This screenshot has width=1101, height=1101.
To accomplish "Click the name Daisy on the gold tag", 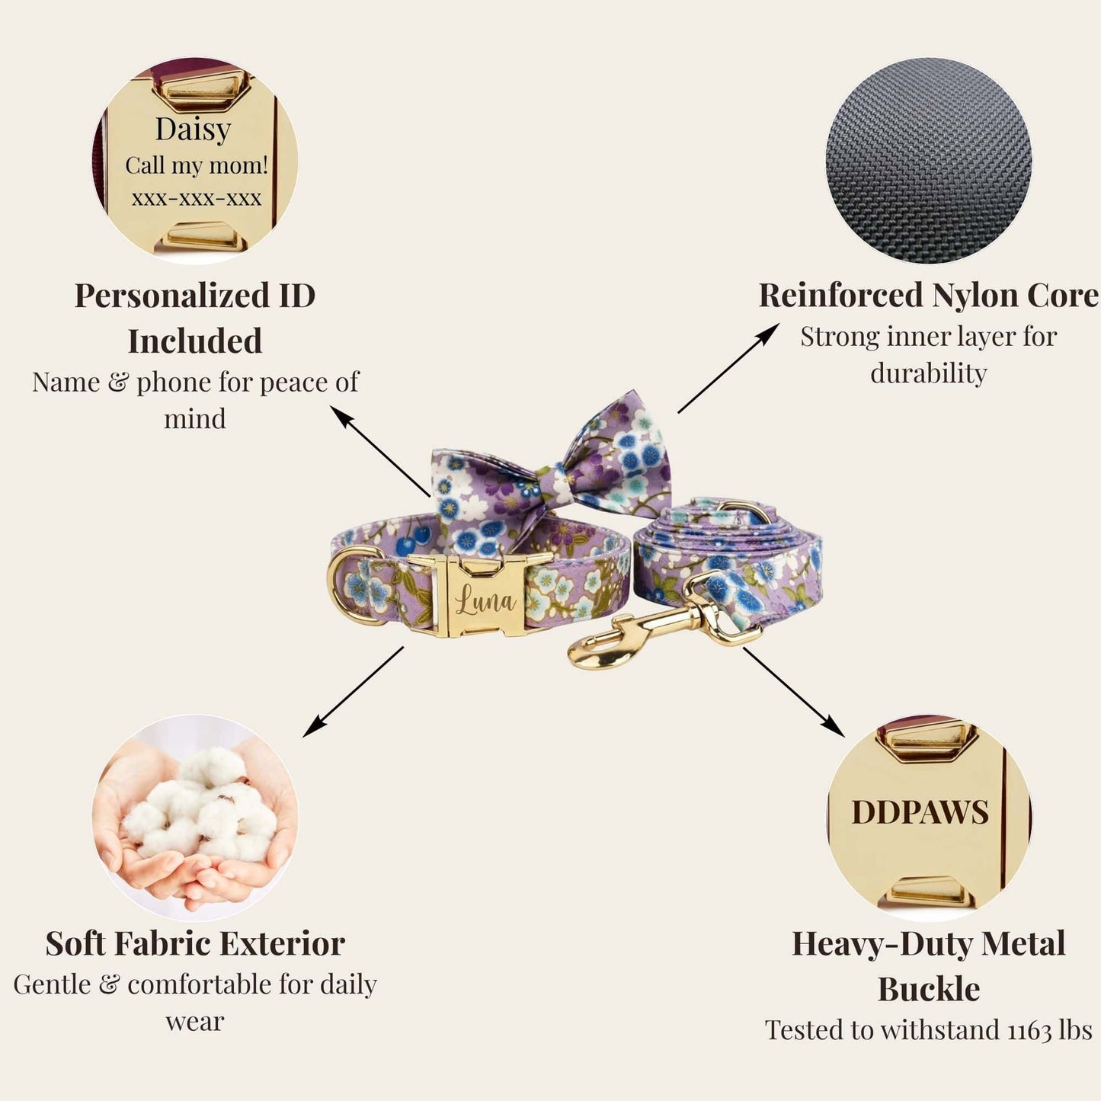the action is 193,130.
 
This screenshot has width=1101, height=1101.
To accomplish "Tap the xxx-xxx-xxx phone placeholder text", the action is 197,199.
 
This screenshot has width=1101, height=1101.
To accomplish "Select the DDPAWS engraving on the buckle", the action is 920,812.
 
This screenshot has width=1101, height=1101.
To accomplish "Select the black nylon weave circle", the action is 929,161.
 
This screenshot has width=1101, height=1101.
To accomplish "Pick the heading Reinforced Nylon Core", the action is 929,296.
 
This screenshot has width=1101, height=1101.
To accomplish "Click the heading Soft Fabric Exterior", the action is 195,944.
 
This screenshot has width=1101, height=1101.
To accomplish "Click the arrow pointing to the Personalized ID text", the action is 380,451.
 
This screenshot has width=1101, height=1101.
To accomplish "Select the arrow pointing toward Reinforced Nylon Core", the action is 728,367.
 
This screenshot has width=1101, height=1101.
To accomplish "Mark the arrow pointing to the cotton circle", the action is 353,692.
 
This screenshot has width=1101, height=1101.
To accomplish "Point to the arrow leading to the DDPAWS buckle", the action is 794,692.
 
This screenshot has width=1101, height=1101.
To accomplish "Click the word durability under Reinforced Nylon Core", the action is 929,373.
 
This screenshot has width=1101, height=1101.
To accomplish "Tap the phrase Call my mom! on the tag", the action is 197,165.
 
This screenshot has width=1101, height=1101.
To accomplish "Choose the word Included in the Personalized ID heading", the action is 195,341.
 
